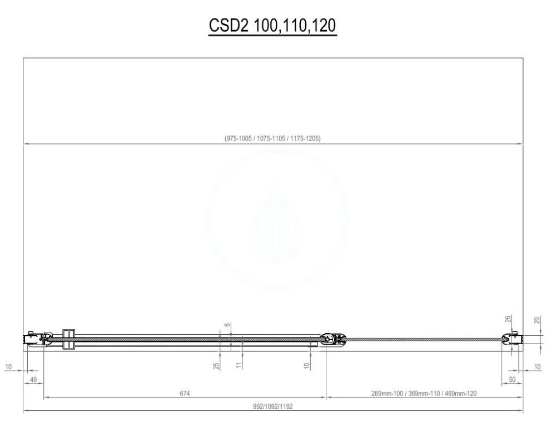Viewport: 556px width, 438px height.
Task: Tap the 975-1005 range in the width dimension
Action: [x=239, y=138]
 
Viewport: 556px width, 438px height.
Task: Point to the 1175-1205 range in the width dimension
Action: [x=305, y=138]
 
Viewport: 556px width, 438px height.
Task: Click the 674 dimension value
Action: [x=185, y=394]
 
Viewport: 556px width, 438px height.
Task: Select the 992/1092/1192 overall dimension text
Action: [x=272, y=406]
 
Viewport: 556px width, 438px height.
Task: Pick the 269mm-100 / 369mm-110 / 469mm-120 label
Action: [x=424, y=394]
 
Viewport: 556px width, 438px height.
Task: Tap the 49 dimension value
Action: [x=33, y=380]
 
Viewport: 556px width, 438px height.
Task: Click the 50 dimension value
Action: [x=512, y=380]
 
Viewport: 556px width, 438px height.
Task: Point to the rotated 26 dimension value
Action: [x=508, y=320]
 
